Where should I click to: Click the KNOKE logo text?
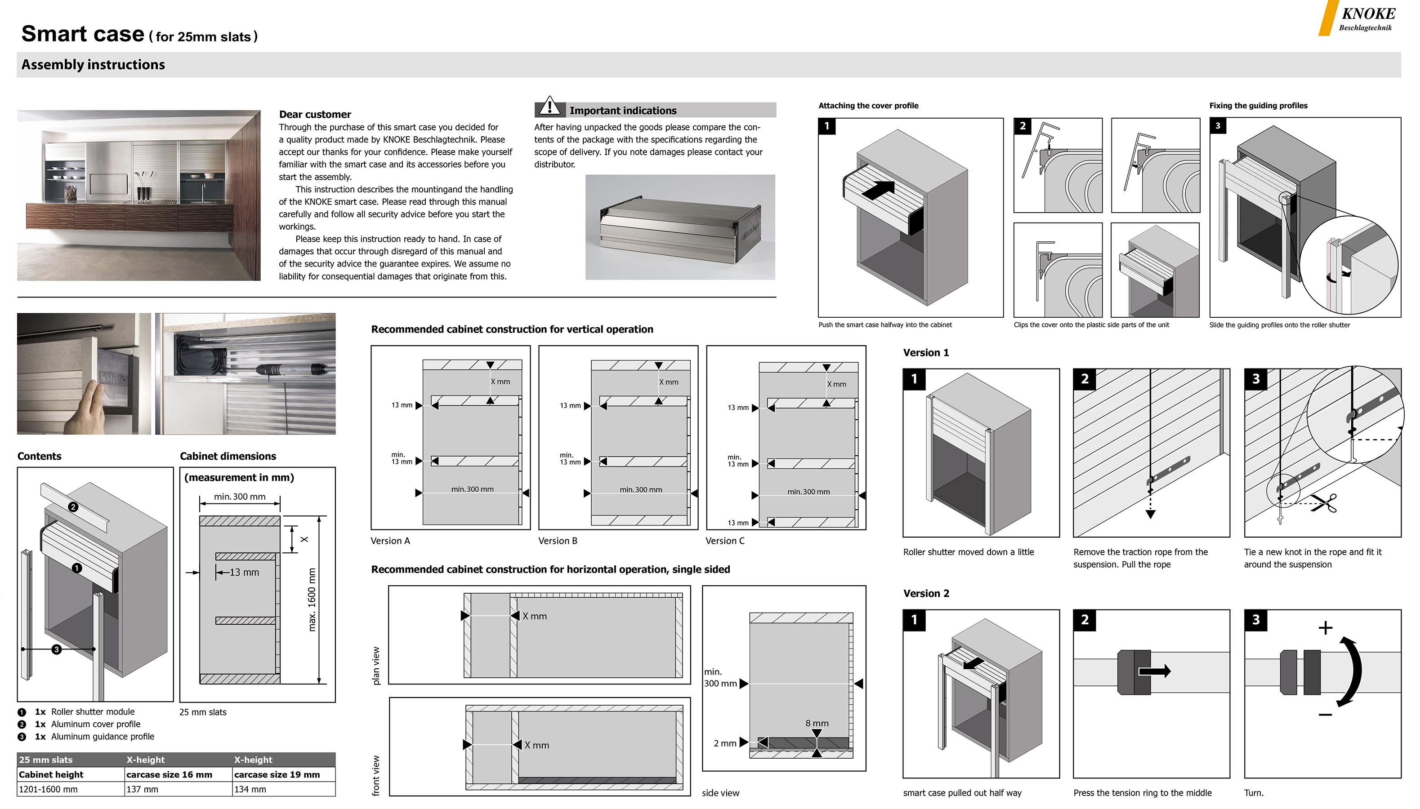[x=1368, y=14]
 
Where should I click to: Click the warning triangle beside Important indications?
[x=549, y=106]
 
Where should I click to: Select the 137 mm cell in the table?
[x=142, y=789]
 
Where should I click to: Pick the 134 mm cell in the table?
[x=250, y=789]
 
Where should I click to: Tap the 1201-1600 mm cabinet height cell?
[x=49, y=789]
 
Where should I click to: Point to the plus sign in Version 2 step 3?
[x=1325, y=628]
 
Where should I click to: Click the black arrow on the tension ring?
[x=1154, y=671]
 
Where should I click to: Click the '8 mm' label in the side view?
[x=817, y=723]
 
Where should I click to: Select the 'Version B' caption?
[x=558, y=541]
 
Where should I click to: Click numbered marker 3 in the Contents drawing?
[x=56, y=649]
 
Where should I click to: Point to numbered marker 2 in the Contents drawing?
[x=73, y=507]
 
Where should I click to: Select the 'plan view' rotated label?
[x=376, y=665]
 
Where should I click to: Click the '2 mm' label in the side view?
[x=725, y=743]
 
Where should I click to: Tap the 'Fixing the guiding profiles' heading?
[x=1258, y=106]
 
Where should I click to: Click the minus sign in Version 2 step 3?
[x=1325, y=715]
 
